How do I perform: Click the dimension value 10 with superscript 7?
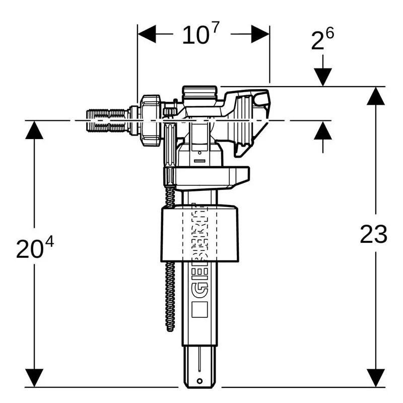(x=200, y=35)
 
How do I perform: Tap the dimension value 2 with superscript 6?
(x=322, y=40)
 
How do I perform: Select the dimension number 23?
(x=373, y=234)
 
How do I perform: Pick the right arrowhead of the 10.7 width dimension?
(x=260, y=35)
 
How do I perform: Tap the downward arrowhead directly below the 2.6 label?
(x=322, y=77)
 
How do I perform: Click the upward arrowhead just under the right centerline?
(x=322, y=130)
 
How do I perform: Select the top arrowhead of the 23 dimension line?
(x=376, y=96)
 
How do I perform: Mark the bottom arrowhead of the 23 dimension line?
(x=376, y=378)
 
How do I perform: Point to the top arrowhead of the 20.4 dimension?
(x=34, y=130)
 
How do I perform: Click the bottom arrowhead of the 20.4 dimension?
(x=34, y=378)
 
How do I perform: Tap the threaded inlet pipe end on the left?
(x=108, y=121)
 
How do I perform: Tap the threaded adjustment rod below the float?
(x=170, y=297)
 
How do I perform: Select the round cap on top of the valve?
(x=199, y=93)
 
